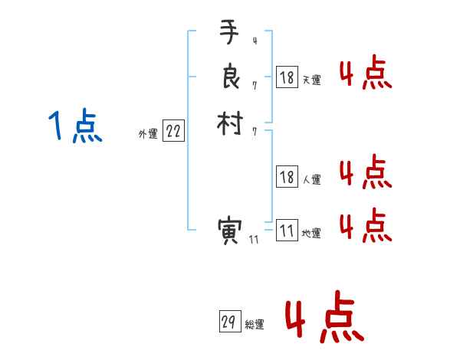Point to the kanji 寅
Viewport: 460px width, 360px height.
[229, 231]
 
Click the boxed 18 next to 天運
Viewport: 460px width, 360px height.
[287, 77]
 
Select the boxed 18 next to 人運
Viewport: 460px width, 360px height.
[287, 178]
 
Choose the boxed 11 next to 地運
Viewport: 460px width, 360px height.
[287, 231]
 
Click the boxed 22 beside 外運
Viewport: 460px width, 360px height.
[173, 132]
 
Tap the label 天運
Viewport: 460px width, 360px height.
[311, 79]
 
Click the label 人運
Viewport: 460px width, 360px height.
[311, 180]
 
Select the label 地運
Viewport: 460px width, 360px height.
[311, 234]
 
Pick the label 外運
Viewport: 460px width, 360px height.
[148, 134]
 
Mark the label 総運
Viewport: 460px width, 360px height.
[255, 325]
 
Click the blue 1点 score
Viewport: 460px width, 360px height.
[75, 126]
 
